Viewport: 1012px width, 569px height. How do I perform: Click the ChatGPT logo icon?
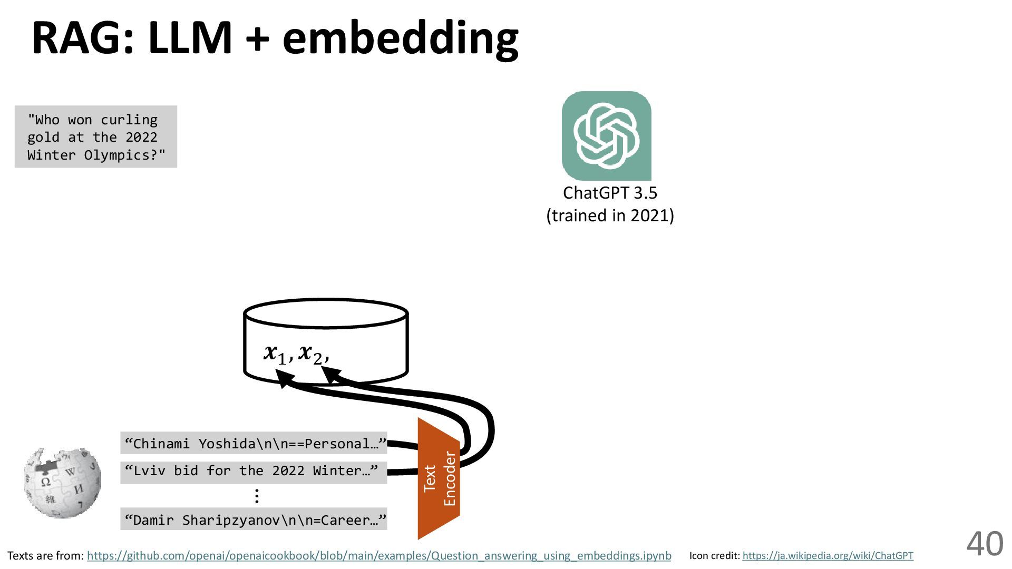pyautogui.click(x=606, y=136)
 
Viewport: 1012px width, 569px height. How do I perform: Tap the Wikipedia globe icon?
pyautogui.click(x=62, y=483)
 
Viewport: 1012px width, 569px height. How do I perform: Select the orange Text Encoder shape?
pyautogui.click(x=439, y=479)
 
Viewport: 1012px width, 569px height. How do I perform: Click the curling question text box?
pyautogui.click(x=96, y=137)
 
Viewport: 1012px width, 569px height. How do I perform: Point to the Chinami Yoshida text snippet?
pyautogui.click(x=254, y=443)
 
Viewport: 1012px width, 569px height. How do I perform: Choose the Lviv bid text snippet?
pyautogui.click(x=253, y=470)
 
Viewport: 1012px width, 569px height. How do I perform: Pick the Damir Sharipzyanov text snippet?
pyautogui.click(x=254, y=520)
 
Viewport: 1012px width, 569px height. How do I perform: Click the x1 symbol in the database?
pyautogui.click(x=276, y=354)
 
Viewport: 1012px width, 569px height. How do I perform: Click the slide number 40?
pyautogui.click(x=984, y=544)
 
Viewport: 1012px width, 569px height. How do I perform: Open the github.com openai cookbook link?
pyautogui.click(x=379, y=556)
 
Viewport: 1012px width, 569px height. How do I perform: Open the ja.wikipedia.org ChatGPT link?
pyautogui.click(x=828, y=556)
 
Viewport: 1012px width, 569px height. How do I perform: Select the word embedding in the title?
pyautogui.click(x=401, y=38)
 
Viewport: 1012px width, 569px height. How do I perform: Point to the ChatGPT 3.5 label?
pyautogui.click(x=610, y=193)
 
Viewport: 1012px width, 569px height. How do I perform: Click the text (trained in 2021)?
pyautogui.click(x=610, y=215)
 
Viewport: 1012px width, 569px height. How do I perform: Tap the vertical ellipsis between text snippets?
pyautogui.click(x=256, y=496)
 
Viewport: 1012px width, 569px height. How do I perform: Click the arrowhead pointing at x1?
pyautogui.click(x=285, y=377)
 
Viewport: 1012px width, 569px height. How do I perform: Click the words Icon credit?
pyautogui.click(x=714, y=556)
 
